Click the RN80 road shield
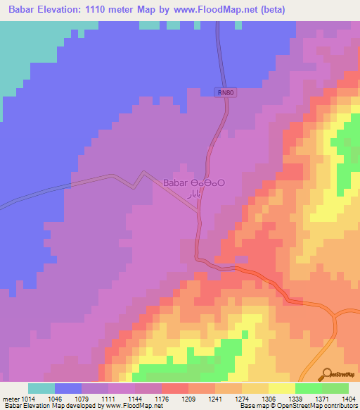[x=223, y=92]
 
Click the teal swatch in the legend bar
[x=41, y=388]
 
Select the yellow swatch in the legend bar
[x=281, y=388]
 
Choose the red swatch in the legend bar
[x=174, y=388]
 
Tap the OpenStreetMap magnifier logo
[x=326, y=374]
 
